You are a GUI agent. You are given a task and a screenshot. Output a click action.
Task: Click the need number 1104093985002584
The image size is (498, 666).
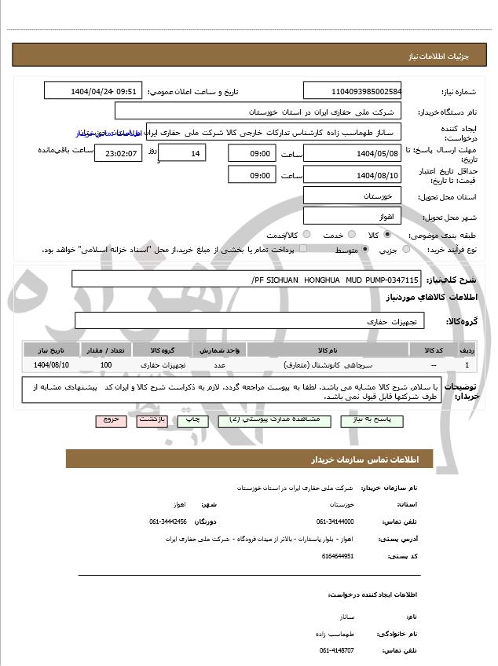click(x=352, y=90)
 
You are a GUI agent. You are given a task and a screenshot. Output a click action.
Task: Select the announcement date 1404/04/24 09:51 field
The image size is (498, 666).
click(x=93, y=90)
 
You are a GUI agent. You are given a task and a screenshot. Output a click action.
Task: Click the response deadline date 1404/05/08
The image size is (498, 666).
click(x=352, y=152)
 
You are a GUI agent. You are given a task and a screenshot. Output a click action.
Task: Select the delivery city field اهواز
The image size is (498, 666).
click(x=352, y=215)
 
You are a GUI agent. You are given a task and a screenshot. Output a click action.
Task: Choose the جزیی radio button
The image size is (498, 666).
click(x=406, y=250)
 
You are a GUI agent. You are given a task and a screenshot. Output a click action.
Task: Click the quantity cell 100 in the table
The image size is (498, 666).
click(x=106, y=365)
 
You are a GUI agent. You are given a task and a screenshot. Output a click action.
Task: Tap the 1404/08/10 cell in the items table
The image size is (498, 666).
click(x=52, y=365)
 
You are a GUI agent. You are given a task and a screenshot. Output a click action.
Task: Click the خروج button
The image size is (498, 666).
click(x=111, y=420)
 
